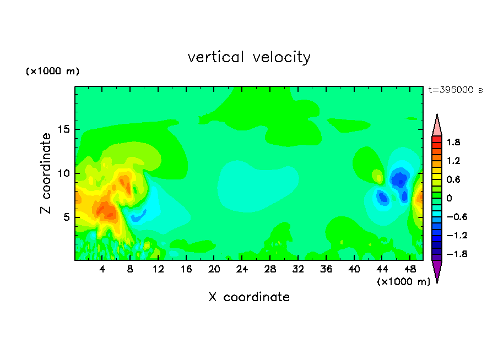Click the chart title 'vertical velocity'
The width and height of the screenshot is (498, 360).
(x=249, y=57)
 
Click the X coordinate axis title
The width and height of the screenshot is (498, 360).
(x=249, y=297)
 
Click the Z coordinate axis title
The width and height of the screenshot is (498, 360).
(x=46, y=173)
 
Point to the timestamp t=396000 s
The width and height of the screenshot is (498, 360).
(x=456, y=90)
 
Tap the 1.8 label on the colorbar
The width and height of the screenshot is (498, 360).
(x=453, y=142)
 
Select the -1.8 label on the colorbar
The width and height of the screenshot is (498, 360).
(x=457, y=254)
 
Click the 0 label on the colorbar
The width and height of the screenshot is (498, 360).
(x=449, y=198)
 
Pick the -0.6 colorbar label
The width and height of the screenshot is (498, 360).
(x=457, y=217)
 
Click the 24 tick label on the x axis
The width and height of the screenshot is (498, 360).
(x=242, y=270)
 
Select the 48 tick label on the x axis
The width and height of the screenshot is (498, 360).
(x=410, y=270)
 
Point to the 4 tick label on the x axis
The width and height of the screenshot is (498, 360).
(x=102, y=270)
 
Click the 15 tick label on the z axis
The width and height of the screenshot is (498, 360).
(x=64, y=129)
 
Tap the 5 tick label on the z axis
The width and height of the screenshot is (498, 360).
(x=67, y=217)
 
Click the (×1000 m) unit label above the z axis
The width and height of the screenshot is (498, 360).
(x=52, y=71)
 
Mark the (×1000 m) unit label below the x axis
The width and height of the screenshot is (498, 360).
(x=403, y=282)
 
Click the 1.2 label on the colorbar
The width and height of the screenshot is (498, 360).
(x=453, y=161)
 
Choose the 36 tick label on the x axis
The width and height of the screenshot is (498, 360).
(x=326, y=270)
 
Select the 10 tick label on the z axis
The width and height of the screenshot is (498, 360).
(x=64, y=173)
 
